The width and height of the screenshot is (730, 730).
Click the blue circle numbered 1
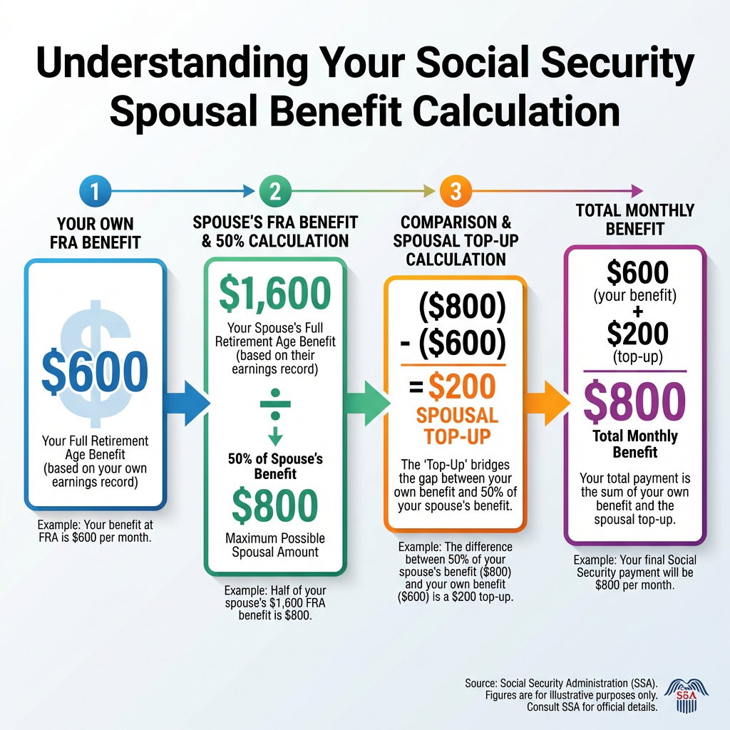pyautogui.click(x=95, y=191)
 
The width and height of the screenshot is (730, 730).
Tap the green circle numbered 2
pyautogui.click(x=275, y=191)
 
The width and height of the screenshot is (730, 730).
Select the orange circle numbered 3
pyautogui.click(x=456, y=191)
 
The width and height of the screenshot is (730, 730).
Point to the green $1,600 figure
pyautogui.click(x=274, y=293)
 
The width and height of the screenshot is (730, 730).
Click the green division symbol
pyautogui.click(x=275, y=403)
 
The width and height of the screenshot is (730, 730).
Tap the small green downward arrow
pyautogui.click(x=275, y=436)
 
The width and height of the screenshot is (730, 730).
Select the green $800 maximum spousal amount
pyautogui.click(x=274, y=505)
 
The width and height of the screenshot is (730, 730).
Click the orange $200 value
pyautogui.click(x=462, y=386)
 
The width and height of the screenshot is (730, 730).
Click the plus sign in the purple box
pyautogui.click(x=637, y=312)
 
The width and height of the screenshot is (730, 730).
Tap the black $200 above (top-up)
pyautogui.click(x=637, y=334)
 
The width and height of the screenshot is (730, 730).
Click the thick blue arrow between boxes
pyautogui.click(x=186, y=403)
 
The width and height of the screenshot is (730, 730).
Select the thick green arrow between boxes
pyautogui.click(x=367, y=403)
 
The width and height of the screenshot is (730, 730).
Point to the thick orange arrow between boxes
pyautogui.click(x=547, y=403)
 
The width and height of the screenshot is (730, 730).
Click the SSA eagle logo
pyautogui.click(x=687, y=696)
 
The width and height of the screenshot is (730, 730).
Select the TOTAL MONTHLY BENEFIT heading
pyautogui.click(x=634, y=220)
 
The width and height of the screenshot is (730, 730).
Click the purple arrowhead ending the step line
pyautogui.click(x=637, y=190)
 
